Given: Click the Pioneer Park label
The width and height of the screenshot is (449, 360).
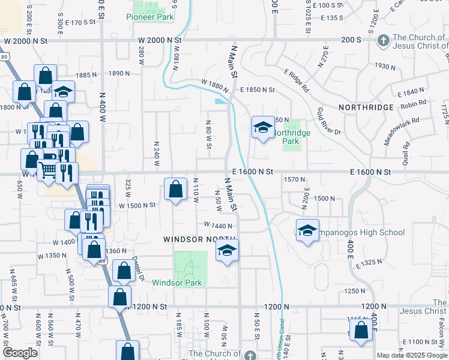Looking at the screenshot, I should pyautogui.click(x=150, y=17).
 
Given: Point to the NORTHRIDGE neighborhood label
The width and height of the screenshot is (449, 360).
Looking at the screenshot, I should pyautogui.click(x=366, y=107).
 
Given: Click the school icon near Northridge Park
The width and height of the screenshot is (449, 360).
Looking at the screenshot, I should pyautogui.click(x=262, y=127).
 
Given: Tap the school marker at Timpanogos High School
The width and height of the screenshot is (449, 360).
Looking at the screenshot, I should pyautogui.click(x=307, y=232).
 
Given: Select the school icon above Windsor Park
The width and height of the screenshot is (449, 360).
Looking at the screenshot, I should pyautogui.click(x=227, y=250).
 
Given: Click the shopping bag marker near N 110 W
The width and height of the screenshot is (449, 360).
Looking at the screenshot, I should pyautogui.click(x=175, y=190).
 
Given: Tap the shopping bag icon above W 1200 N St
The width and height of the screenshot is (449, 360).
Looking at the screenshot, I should pyautogui.click(x=119, y=296).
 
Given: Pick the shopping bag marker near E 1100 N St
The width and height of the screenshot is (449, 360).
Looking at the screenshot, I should pyautogui.click(x=361, y=330).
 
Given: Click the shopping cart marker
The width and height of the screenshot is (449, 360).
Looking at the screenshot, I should pyautogui.click(x=47, y=170).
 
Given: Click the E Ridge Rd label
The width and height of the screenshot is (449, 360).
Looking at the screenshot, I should pyautogui.click(x=296, y=81).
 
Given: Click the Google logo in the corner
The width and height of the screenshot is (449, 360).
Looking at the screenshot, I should pyautogui.click(x=20, y=353).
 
